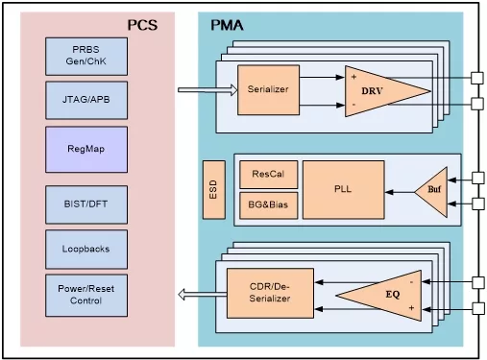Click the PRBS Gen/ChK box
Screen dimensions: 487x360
pyautogui.click(x=86, y=57)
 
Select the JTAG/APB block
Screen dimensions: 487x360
pyautogui.click(x=86, y=100)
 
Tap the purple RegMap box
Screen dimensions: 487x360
pyautogui.click(x=86, y=150)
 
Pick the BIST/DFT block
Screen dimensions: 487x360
pyautogui.click(x=86, y=204)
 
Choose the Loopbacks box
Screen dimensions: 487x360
pyautogui.click(x=86, y=250)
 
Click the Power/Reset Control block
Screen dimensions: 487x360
pyautogui.click(x=86, y=295)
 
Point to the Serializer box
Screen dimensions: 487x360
pyautogui.click(x=268, y=90)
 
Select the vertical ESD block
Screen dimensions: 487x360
pyautogui.click(x=214, y=190)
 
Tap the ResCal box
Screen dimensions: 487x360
pyautogui.click(x=268, y=175)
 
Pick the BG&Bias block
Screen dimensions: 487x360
pyautogui.click(x=268, y=205)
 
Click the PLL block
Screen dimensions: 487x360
pyautogui.click(x=344, y=190)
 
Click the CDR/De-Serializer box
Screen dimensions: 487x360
pyautogui.click(x=270, y=293)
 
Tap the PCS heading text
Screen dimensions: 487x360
pyautogui.click(x=142, y=25)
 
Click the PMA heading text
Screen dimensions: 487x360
pyautogui.click(x=227, y=25)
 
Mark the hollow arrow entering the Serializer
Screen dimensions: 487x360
pyautogui.click(x=207, y=90)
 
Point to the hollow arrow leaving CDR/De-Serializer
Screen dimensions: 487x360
pyautogui.click(x=203, y=295)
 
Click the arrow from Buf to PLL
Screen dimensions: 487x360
pyautogui.click(x=400, y=192)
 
